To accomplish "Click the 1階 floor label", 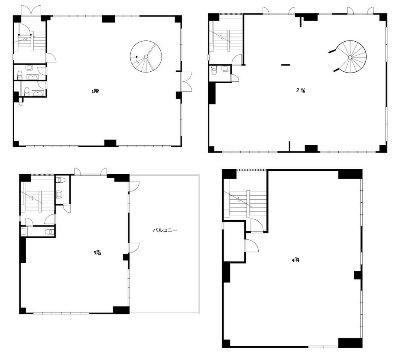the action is [95, 91].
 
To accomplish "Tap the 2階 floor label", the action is [301, 90].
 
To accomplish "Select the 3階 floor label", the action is [98, 252].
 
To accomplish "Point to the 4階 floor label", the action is [296, 260].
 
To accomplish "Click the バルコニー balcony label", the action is [165, 230].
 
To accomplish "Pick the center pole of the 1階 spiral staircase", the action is [146, 56].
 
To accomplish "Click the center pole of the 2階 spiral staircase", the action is [350, 57].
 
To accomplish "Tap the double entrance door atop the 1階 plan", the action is [31, 11].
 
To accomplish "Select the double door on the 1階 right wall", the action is [187, 81].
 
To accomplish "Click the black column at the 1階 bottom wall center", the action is [110, 143].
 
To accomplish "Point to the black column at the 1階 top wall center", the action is [108, 19].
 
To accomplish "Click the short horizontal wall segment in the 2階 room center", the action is [286, 65].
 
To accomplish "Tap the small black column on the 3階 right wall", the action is [126, 257].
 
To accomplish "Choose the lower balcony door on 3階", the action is [134, 248].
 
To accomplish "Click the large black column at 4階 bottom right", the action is [350, 343].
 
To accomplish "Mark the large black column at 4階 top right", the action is [350, 174].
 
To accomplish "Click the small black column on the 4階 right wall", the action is [358, 275].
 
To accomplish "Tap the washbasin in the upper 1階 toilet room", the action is [33, 77].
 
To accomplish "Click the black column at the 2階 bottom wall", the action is [311, 148].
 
